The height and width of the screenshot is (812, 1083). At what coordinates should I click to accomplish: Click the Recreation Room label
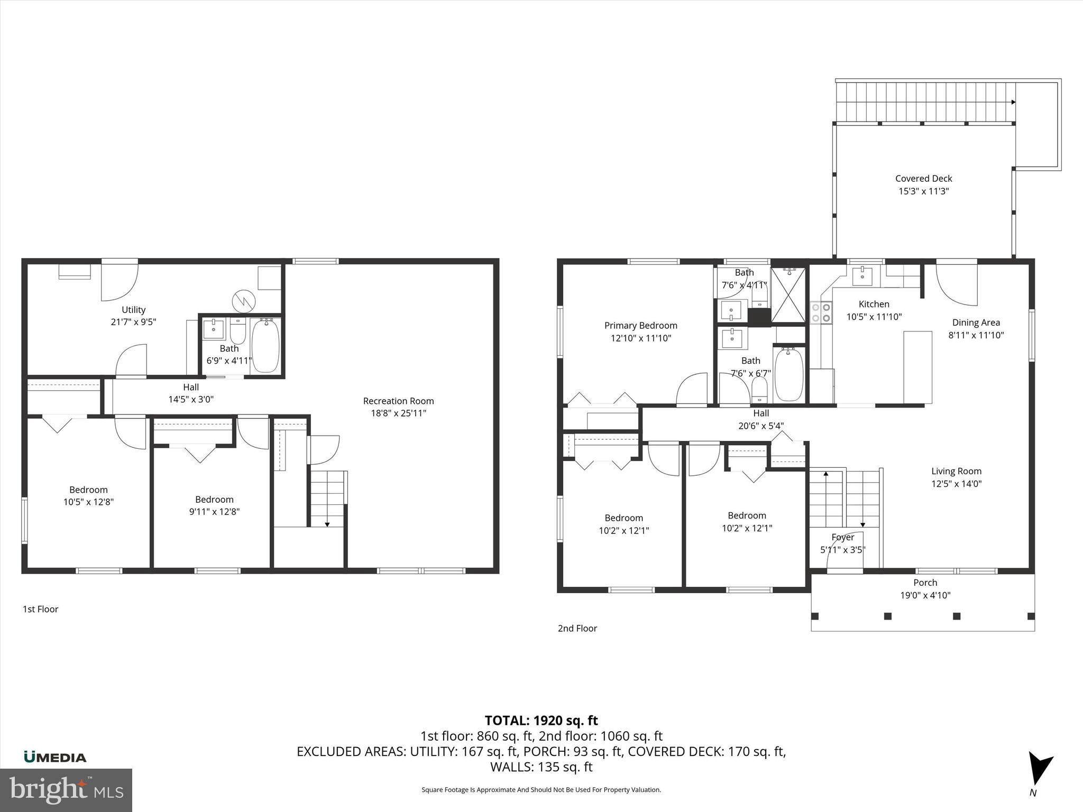point(398,401)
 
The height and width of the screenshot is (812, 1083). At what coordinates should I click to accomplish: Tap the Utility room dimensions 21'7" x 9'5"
point(133,322)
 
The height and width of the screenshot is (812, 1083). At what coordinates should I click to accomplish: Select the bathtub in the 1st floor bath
point(265,346)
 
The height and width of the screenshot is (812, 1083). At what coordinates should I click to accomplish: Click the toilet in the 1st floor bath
point(237,330)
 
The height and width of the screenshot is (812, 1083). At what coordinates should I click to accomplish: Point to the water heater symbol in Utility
point(244,301)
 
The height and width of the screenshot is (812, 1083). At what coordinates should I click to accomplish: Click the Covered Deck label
point(923,179)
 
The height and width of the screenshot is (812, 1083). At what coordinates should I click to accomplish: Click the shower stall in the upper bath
point(788,294)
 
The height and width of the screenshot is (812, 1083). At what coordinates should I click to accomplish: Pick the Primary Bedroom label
point(640,326)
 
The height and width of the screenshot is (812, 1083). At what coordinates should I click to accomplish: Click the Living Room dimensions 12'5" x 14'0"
point(956,483)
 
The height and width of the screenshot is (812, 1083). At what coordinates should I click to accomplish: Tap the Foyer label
point(842,537)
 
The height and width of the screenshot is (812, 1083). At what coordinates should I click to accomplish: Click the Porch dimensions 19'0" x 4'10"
point(925,595)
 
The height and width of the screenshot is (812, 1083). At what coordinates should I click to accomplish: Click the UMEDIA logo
point(55,757)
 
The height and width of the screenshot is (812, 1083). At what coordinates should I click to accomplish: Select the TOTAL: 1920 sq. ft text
point(541,721)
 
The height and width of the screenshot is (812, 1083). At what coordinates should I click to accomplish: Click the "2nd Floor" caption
point(577,628)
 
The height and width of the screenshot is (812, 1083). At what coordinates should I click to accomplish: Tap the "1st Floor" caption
point(40,609)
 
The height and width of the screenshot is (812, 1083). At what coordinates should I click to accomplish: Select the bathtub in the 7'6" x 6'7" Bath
point(788,374)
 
